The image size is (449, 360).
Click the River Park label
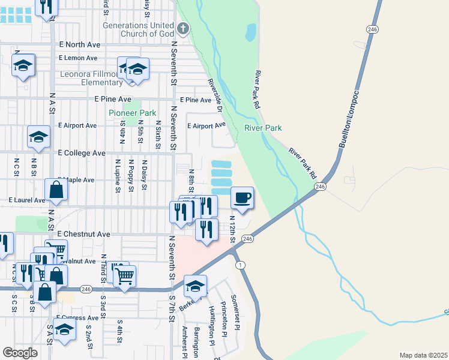263,128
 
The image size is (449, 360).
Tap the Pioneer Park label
132,113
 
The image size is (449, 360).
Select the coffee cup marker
242,198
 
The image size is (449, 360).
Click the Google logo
20,352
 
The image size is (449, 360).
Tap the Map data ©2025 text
423,355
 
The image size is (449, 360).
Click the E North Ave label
79,44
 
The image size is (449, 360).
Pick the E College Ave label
82,153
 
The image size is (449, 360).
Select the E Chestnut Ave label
83,234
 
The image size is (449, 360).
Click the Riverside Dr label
215,95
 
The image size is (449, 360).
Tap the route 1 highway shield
241,265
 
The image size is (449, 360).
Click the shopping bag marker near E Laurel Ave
56,191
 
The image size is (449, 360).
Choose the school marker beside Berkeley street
195,286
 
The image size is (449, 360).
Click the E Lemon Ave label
78,58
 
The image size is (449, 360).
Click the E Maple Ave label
76,180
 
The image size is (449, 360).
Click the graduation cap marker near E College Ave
38,137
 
